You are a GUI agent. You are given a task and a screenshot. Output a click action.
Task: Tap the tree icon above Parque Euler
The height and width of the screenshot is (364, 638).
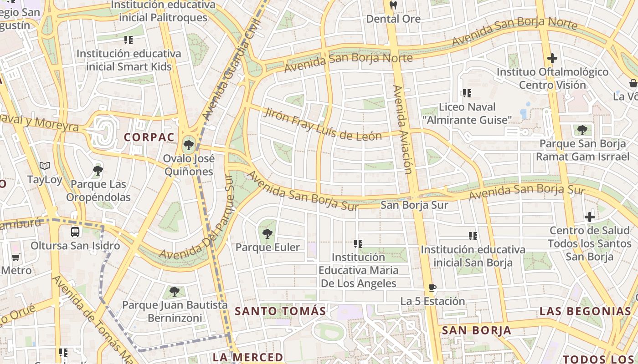coord(268,234)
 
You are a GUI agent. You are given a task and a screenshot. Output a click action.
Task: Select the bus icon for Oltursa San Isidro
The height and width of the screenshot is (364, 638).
coord(75,232)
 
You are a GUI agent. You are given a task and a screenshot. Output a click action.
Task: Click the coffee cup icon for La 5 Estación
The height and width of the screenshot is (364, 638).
coord(432,288)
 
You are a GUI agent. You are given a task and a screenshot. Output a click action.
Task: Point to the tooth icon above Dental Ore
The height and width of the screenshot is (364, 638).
coord(393,5)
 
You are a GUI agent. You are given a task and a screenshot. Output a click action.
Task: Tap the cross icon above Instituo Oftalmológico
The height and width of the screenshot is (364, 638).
coord(552,58)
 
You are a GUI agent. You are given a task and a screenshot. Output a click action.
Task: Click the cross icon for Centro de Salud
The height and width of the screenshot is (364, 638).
coord(590,217)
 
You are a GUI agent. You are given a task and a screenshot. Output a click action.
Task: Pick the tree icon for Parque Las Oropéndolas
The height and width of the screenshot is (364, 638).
coord(98,171)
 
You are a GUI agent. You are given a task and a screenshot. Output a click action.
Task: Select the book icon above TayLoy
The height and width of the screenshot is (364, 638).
coord(44,166)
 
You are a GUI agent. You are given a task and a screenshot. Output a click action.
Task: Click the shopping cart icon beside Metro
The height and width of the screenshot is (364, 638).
coord(16,257)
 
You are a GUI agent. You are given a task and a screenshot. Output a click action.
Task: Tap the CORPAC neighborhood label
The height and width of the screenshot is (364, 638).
coord(149,137)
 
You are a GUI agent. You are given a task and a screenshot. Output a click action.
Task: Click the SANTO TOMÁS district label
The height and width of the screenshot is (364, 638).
coord(280,311)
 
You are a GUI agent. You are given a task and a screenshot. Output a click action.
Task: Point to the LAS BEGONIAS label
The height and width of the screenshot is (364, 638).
coord(585,311)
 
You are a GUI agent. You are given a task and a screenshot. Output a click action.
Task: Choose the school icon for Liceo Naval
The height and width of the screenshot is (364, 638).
coord(467,93)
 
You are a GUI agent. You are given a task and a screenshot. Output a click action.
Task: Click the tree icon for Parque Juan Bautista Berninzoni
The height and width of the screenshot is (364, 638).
coord(174,291)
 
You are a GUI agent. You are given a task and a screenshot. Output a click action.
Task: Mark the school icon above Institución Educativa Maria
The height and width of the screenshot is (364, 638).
coord(358,244)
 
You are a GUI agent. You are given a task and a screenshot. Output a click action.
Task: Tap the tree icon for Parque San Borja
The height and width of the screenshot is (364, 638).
coord(582,130)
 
